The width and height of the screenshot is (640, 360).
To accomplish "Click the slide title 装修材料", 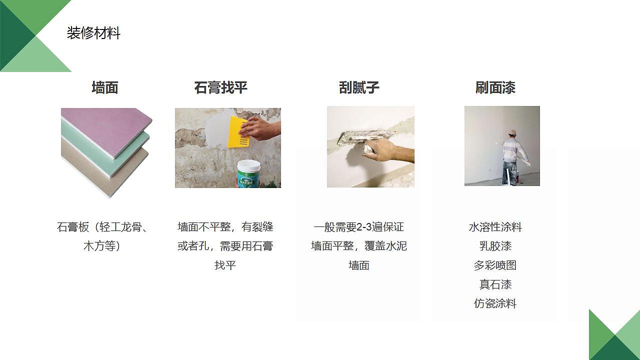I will click(93, 33).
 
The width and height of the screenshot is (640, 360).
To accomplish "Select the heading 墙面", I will click(105, 88).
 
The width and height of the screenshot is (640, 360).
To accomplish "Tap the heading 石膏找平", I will click(220, 88).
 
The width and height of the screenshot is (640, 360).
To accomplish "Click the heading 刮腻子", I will click(359, 88).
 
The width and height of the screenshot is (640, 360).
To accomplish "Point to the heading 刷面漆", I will click(495, 88).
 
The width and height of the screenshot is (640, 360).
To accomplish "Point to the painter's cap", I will click(511, 132).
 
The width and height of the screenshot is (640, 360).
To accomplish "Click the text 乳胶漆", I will click(495, 246).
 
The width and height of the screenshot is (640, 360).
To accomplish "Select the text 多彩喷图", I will click(495, 265).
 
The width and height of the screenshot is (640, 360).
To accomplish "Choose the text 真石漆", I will click(495, 284).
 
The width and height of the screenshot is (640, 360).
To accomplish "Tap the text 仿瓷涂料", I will click(495, 303).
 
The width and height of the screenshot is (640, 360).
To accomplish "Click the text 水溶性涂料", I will click(495, 227).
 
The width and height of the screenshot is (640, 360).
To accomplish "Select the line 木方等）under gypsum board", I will click(102, 246).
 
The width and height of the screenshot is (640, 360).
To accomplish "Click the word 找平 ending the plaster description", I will click(225, 265).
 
